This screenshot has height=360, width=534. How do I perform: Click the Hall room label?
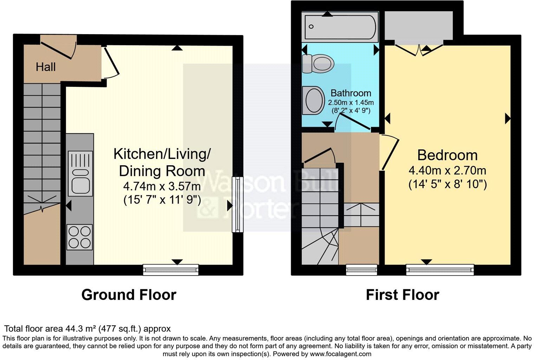coord(46,67)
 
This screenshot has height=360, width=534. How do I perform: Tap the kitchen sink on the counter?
coord(80,174)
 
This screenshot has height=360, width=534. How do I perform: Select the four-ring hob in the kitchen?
coord(80,237)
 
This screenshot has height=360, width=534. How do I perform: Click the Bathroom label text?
coord(351,93)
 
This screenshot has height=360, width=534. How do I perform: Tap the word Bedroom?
coord(447,155)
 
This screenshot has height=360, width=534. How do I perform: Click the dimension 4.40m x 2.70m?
coord(447,171)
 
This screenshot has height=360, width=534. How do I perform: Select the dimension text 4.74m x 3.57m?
coord(162,186)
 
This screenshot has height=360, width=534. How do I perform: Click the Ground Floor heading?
coord(129,295)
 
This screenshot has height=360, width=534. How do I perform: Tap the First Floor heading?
coord(402,295)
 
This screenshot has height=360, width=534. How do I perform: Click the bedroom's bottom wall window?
coord(440,270)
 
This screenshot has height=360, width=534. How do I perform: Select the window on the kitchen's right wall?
coord(237,204)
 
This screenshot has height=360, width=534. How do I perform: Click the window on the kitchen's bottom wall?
coord(171,270)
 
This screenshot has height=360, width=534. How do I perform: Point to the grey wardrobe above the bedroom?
coord(418,25)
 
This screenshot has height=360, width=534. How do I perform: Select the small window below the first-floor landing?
coord(362,270)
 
